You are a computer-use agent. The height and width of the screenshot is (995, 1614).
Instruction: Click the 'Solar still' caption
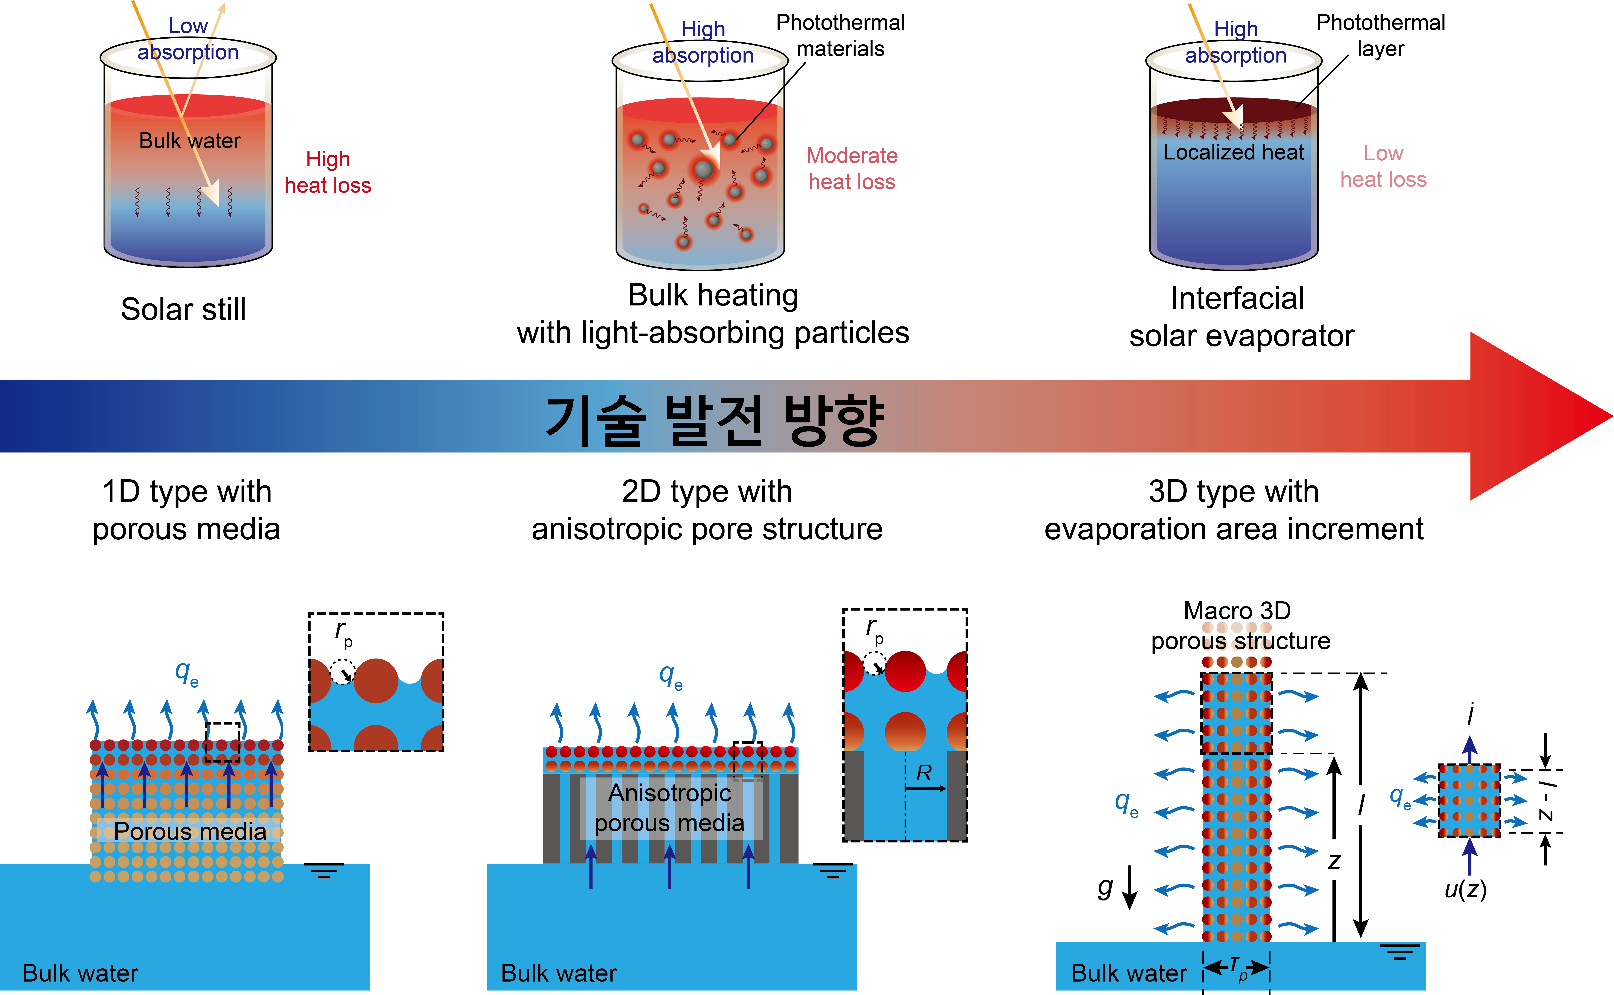pos(184,309)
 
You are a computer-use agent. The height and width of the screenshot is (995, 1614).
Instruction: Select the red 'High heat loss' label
pos(328,172)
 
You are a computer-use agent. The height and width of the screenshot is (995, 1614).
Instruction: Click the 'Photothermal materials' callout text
pos(841,36)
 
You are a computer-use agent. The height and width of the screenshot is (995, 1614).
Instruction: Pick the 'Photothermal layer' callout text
pos(1381,36)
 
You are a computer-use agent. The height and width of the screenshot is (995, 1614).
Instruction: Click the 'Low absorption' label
pos(188,39)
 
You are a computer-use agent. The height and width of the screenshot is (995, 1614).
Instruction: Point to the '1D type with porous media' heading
pos(187,510)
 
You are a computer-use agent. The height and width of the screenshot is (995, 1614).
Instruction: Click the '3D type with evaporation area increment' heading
pos(1234,510)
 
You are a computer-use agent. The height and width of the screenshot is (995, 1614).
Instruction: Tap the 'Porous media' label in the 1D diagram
pos(190,831)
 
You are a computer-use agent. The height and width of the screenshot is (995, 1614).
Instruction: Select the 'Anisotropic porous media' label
pos(670,808)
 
